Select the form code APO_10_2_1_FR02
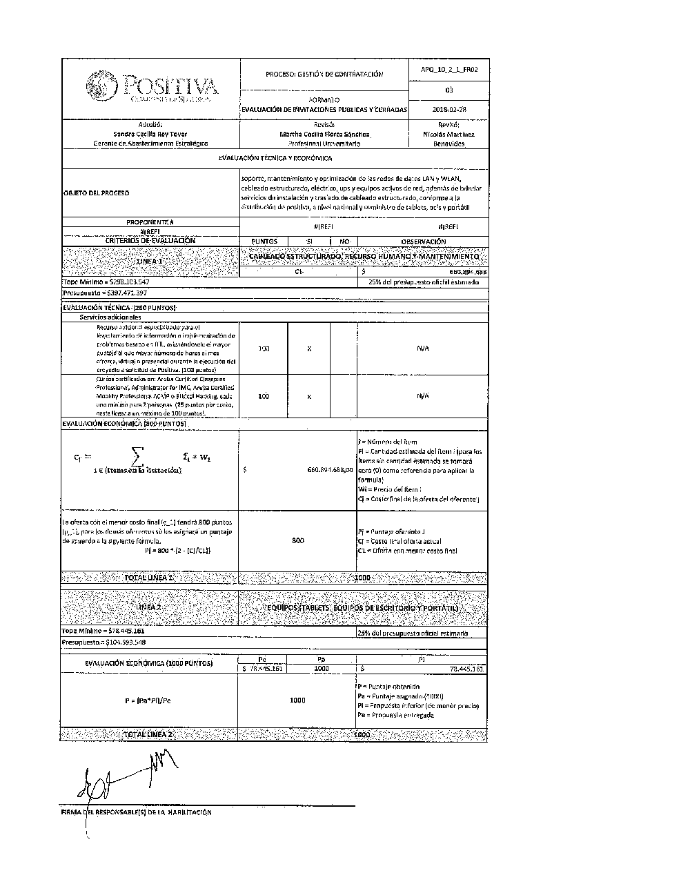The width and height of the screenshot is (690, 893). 449,70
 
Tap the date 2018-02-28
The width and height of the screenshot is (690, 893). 449,109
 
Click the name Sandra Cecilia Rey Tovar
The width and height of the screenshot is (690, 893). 150,134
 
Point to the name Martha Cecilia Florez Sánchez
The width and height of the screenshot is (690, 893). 324,134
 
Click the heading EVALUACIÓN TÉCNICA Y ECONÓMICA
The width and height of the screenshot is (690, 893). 275,158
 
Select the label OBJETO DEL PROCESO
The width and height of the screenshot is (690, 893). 95,193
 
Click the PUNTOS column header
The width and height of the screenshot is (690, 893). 264,242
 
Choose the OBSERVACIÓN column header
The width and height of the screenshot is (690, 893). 423,242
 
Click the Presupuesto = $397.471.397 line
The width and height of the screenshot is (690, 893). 104,293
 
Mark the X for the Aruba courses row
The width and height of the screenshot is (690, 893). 309,396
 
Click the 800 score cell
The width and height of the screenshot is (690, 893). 297,541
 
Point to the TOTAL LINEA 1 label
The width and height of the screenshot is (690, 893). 148,577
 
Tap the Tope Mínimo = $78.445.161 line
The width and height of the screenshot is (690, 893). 103,631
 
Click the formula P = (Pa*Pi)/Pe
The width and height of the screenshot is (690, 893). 148,700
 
